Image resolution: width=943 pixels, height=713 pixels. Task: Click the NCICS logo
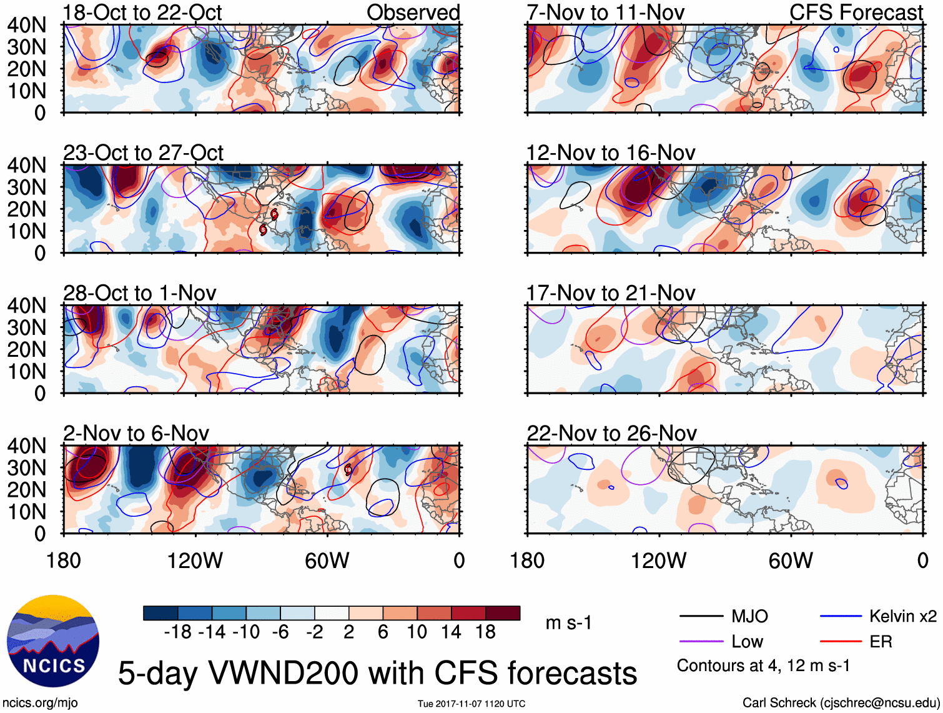pyautogui.click(x=52, y=641)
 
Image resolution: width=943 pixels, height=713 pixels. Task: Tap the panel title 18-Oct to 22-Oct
pyautogui.click(x=142, y=12)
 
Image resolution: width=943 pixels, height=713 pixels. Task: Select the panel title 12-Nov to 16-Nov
pyautogui.click(x=610, y=153)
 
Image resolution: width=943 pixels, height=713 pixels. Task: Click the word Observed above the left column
pyautogui.click(x=413, y=12)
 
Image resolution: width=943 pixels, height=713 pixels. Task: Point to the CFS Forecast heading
pyautogui.click(x=856, y=12)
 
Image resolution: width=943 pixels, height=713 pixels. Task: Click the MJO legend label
pyautogui.click(x=749, y=617)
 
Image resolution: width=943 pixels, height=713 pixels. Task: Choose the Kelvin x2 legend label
pyautogui.click(x=902, y=617)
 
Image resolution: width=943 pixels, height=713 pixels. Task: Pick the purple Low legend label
pyautogui.click(x=747, y=642)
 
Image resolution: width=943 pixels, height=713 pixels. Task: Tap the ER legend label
pyautogui.click(x=881, y=642)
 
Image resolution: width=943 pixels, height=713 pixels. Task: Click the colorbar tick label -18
pyautogui.click(x=178, y=632)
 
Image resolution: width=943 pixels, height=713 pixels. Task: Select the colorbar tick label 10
pyautogui.click(x=417, y=632)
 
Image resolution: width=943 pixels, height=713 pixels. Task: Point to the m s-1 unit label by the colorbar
pyautogui.click(x=568, y=623)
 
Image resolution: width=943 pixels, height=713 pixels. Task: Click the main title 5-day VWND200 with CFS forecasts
pyautogui.click(x=377, y=673)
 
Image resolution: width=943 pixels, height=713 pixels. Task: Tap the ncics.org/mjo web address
pyautogui.click(x=40, y=702)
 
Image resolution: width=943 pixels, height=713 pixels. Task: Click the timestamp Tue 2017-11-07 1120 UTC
pyautogui.click(x=471, y=704)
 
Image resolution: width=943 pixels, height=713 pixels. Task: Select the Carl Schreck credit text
pyautogui.click(x=841, y=702)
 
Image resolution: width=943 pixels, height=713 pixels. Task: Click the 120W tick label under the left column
pyautogui.click(x=195, y=561)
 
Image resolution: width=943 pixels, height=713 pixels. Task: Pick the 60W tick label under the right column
pyautogui.click(x=791, y=561)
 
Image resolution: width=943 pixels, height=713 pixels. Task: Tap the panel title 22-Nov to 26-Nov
pyautogui.click(x=611, y=434)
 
